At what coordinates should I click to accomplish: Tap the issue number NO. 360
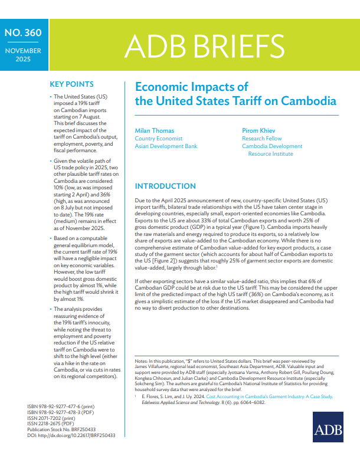[x=23, y=33]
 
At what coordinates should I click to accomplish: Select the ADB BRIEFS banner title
[x=204, y=45]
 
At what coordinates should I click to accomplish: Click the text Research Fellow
[x=262, y=138]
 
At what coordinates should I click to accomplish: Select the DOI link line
[x=71, y=435]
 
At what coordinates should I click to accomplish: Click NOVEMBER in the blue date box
[x=23, y=51]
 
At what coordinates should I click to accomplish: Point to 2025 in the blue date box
[x=23, y=59]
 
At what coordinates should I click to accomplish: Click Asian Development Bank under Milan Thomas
[x=166, y=146]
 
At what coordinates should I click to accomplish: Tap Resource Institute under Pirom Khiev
[x=270, y=153]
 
